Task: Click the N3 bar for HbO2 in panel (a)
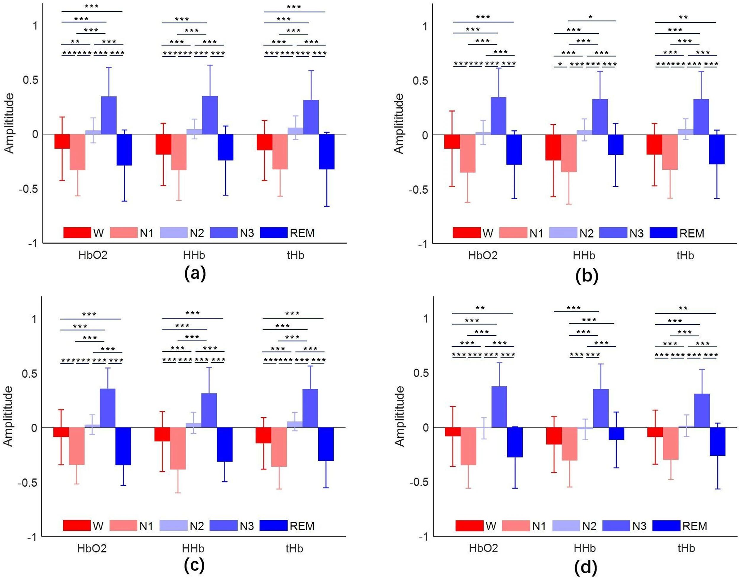(109, 115)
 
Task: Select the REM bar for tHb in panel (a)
(326, 152)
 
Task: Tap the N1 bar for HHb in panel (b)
(569, 153)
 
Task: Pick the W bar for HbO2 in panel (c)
(61, 432)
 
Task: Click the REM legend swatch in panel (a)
(274, 233)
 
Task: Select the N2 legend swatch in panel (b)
(563, 233)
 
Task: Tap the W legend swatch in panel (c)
(77, 526)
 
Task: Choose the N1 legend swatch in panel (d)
(516, 526)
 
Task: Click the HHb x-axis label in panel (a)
(194, 255)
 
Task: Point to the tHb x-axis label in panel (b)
(685, 255)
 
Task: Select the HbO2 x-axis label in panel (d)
(483, 548)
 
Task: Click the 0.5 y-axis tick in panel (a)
(30, 80)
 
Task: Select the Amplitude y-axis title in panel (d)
(400, 416)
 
